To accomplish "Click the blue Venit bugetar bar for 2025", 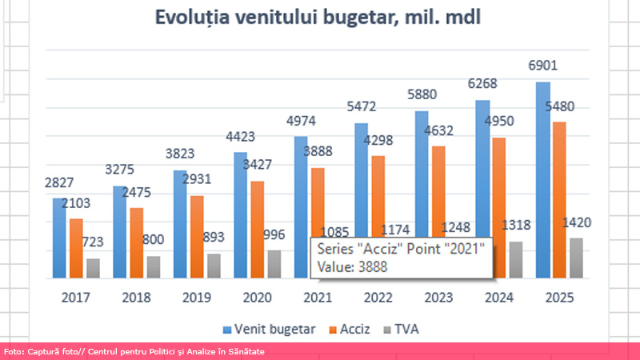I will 542,180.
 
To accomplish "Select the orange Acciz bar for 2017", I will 76,248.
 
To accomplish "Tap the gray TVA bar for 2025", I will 576,258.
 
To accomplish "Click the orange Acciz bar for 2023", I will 438,212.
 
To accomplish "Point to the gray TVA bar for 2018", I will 154,266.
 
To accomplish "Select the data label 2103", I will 76,205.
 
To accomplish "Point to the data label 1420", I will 578,223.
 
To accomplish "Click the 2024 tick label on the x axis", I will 498,298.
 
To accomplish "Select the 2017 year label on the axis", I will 75,298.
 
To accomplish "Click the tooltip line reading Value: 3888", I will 353,267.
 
